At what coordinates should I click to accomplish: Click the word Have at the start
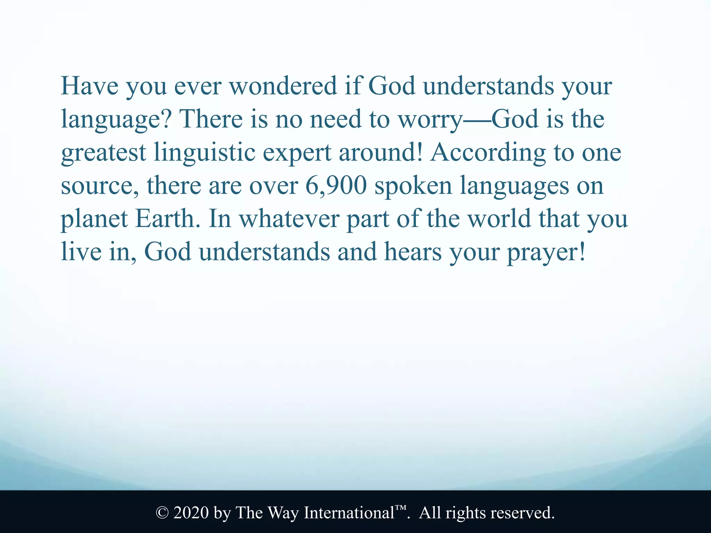[89, 86]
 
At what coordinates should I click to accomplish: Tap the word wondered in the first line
[283, 86]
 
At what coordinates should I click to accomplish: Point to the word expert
[297, 153]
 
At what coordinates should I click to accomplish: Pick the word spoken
[413, 186]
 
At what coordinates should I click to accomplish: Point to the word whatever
[289, 219]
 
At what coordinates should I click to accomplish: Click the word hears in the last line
[413, 252]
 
